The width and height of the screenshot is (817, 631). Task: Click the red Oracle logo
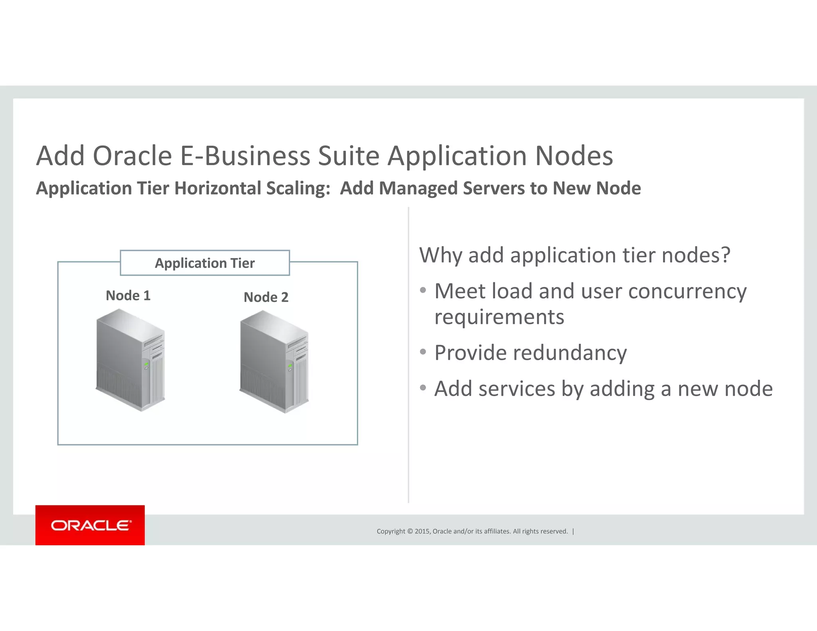pyautogui.click(x=90, y=525)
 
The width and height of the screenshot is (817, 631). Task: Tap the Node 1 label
pyautogui.click(x=128, y=296)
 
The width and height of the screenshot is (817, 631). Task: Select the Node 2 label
pyautogui.click(x=266, y=297)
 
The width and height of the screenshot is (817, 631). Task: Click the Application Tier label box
pyautogui.click(x=205, y=263)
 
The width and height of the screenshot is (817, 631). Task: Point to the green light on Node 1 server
pyautogui.click(x=146, y=364)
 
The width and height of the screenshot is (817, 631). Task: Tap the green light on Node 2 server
pyautogui.click(x=290, y=365)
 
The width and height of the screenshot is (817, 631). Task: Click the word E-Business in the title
pyautogui.click(x=245, y=156)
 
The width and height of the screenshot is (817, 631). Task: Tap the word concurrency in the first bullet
pyautogui.click(x=687, y=291)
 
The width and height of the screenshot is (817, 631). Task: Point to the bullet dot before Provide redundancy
pyautogui.click(x=423, y=352)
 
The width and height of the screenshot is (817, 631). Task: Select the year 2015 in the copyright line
pyautogui.click(x=422, y=531)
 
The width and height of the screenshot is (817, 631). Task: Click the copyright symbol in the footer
pyautogui.click(x=410, y=531)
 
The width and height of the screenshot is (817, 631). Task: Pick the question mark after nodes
pyautogui.click(x=725, y=255)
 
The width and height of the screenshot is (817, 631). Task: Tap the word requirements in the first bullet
pyautogui.click(x=499, y=317)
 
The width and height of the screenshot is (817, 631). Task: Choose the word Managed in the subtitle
pyautogui.click(x=418, y=188)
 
